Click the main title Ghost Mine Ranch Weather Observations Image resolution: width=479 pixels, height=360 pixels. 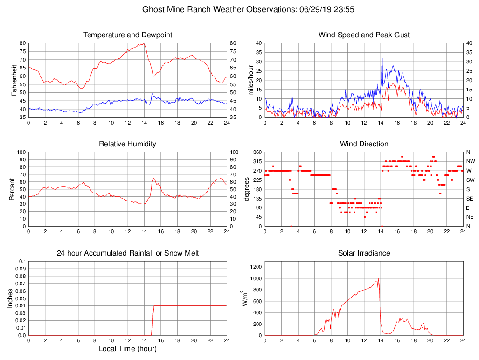pos(239,9)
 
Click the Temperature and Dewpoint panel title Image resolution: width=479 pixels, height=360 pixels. pos(127,35)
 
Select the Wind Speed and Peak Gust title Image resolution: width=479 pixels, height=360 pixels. pos(364,35)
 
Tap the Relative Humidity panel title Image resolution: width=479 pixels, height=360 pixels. pos(127,144)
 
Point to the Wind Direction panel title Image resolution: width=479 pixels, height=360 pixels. pos(364,144)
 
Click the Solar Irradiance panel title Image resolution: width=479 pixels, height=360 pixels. pos(364,253)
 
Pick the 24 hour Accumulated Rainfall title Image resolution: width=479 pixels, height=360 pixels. pos(127,253)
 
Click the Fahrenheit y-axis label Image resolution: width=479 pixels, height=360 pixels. pos(14,80)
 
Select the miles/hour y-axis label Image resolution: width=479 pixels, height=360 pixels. pos(251,80)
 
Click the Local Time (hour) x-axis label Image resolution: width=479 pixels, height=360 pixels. pos(127,349)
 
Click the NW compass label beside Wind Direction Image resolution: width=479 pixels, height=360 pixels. pos(470,161)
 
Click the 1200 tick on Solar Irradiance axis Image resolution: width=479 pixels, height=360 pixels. pos(256,267)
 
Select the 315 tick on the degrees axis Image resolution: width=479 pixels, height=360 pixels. pos(257,161)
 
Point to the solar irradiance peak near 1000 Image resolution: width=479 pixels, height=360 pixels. pos(378,279)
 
